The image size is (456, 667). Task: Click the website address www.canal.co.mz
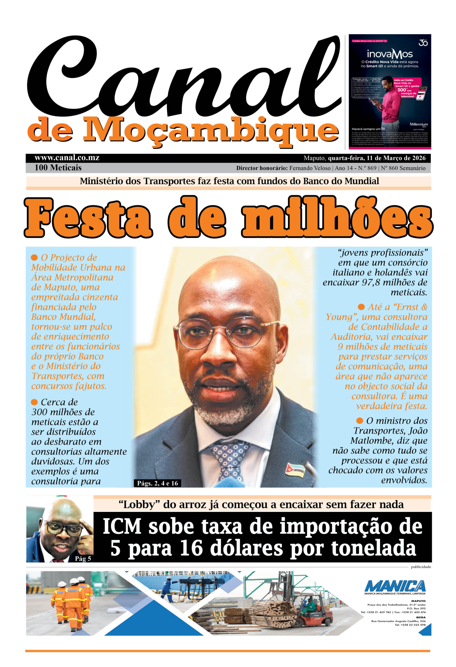67,158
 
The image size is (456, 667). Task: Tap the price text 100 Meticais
58,168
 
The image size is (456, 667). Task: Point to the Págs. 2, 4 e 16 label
158,483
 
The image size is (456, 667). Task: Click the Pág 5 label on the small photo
83,558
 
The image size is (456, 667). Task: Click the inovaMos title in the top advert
390,54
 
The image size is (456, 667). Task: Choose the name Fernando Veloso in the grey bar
310,168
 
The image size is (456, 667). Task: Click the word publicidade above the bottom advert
421,567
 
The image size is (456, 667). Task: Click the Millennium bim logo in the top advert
418,125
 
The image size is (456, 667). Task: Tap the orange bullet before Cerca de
34,402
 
